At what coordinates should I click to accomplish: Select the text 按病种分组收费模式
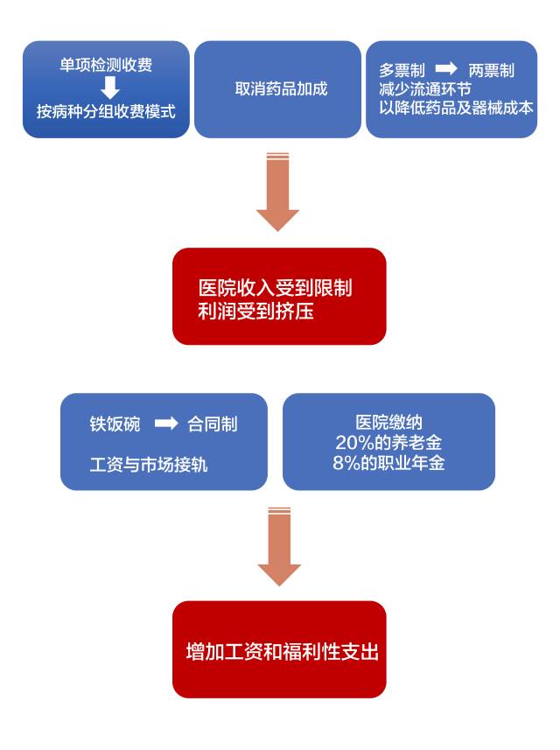coord(106,112)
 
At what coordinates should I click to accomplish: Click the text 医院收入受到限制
coord(276,288)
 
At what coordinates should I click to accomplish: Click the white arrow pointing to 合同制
coord(166,424)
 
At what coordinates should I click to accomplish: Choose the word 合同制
coord(213,424)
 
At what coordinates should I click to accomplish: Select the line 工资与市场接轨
coord(149,465)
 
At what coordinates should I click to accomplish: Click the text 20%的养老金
coord(388,443)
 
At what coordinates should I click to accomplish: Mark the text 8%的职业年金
coord(388,463)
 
